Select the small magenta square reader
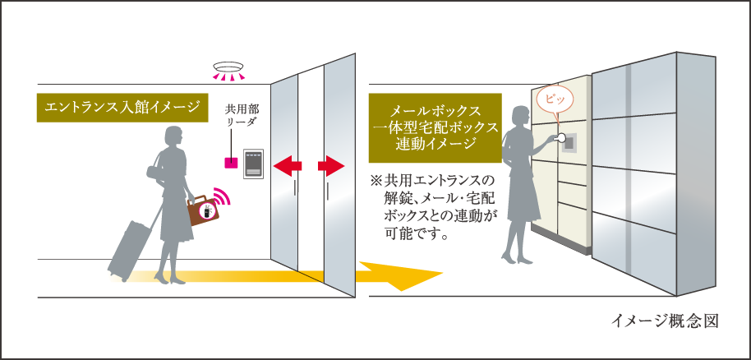click(232, 160)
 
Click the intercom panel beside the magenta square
click(252, 164)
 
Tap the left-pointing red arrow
click(287, 167)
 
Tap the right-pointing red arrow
click(329, 167)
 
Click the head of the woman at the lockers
click(523, 117)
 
